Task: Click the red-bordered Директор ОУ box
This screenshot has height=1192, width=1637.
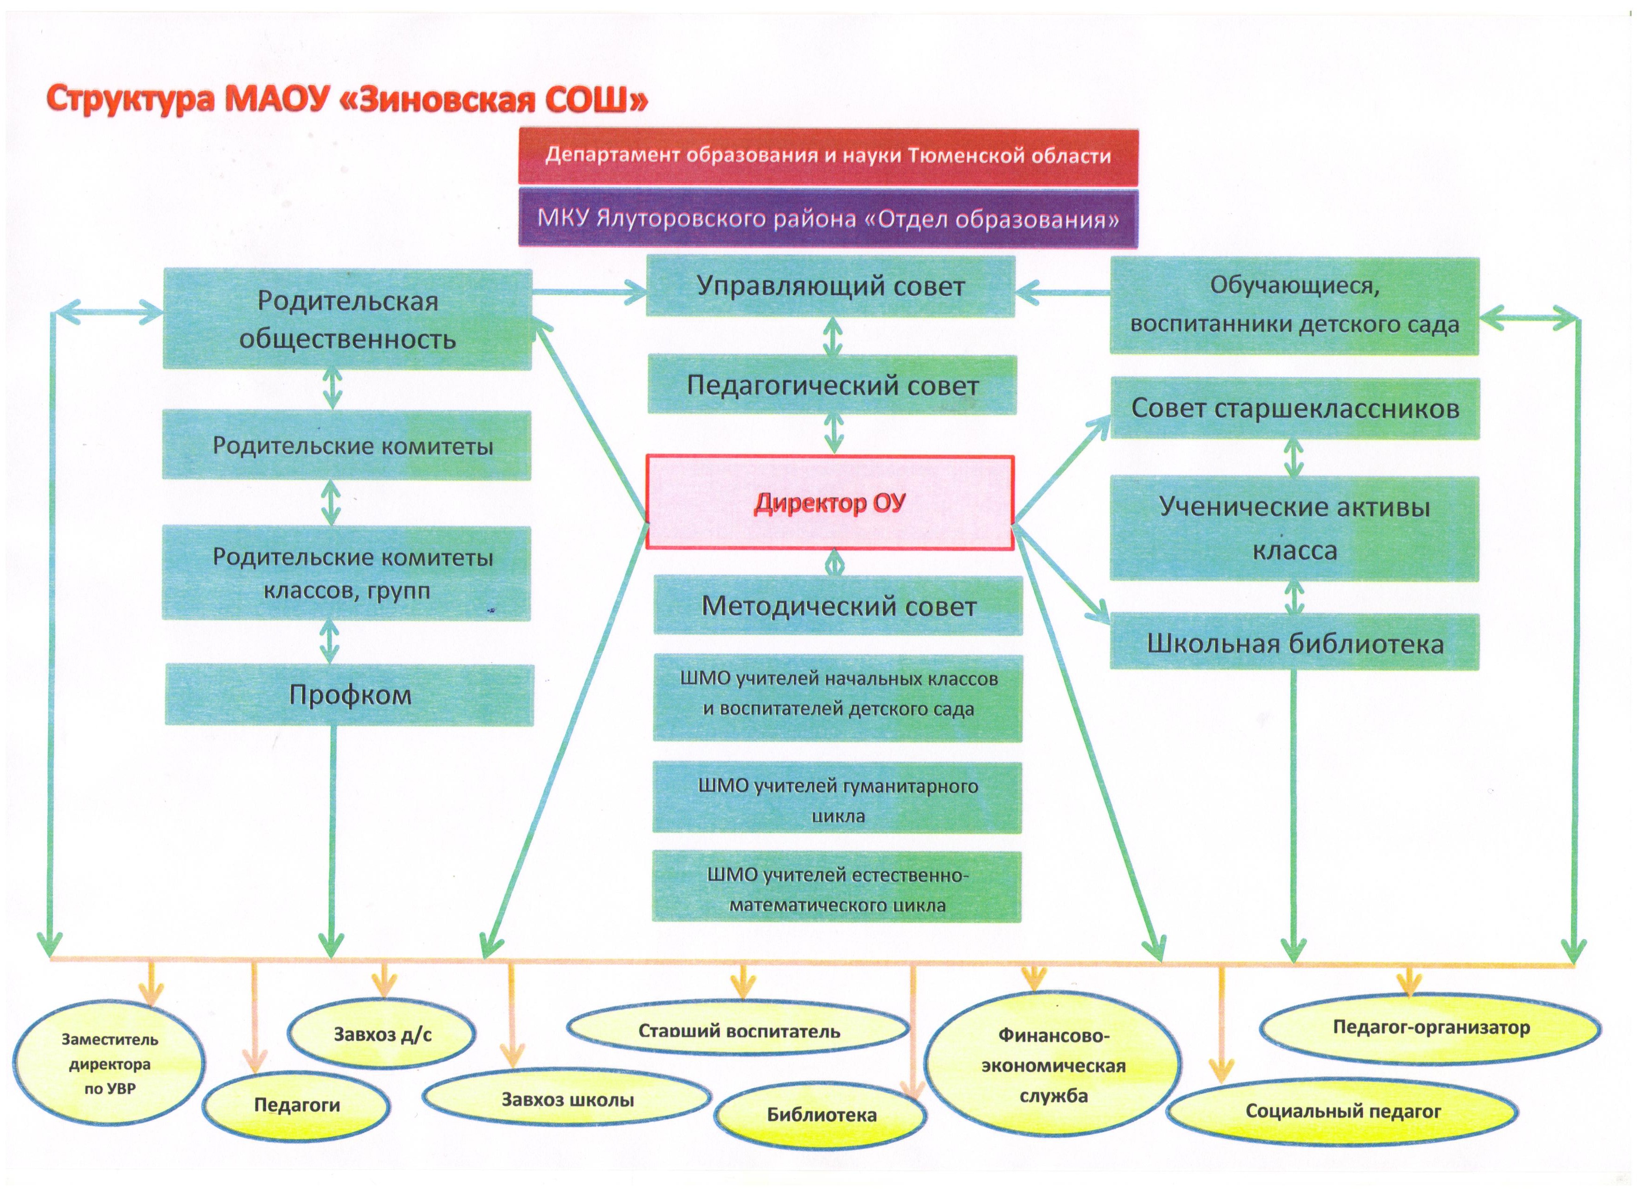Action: (x=829, y=502)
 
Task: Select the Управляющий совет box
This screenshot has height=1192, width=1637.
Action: (x=830, y=287)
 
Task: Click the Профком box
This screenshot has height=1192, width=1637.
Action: (x=349, y=694)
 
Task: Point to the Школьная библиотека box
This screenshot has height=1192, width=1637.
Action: (x=1294, y=642)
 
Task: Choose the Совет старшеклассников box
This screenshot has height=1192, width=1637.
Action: (x=1294, y=409)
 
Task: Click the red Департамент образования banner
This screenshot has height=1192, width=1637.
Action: (x=828, y=156)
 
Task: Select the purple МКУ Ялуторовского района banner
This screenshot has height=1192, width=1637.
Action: (x=828, y=218)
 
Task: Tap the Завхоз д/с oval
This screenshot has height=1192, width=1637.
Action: (x=382, y=1034)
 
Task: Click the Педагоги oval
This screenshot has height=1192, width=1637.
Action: (x=296, y=1104)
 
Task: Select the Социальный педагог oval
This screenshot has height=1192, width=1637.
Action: (x=1342, y=1111)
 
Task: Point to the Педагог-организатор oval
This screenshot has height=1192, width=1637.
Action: (x=1431, y=1027)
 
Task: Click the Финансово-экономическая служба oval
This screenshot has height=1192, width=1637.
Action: (x=1053, y=1065)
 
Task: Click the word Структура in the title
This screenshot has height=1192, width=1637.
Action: (x=130, y=99)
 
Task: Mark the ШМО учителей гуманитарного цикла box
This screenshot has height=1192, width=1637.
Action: (x=837, y=799)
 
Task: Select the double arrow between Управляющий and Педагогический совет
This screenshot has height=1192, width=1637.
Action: (x=833, y=336)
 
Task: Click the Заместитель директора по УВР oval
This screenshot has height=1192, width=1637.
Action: (x=108, y=1063)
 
